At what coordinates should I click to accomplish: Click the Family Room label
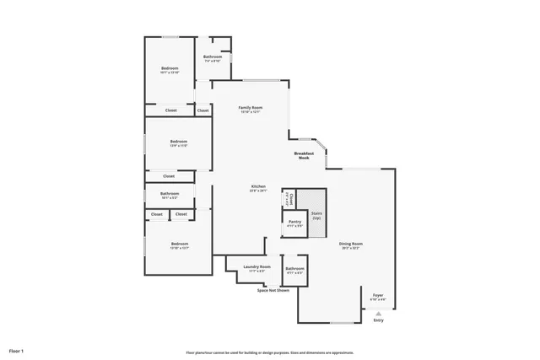pos(251,108)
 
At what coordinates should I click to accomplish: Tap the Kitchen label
pos(258,185)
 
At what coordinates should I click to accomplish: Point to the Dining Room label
pos(350,244)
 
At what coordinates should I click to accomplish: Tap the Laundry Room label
pos(256,266)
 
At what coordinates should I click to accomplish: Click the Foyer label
pos(378,295)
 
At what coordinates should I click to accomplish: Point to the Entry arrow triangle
pos(378,313)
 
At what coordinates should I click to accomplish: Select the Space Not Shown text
pos(273,290)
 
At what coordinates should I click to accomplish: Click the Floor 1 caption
pos(17,350)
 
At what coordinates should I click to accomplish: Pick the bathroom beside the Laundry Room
pos(294,270)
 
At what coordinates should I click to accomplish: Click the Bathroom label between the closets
pos(170,193)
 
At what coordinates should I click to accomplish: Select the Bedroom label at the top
pos(170,67)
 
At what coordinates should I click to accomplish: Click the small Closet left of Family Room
pos(203,110)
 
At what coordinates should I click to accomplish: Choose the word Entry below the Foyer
pos(378,320)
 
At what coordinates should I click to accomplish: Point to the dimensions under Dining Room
pos(350,249)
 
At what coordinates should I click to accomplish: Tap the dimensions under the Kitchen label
pos(258,191)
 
